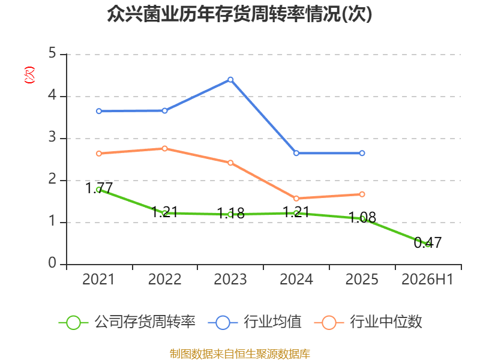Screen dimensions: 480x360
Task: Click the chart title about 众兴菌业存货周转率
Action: tap(239, 14)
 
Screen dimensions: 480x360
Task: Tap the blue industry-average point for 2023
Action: tap(230, 80)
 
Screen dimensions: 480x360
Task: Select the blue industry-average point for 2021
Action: tap(99, 111)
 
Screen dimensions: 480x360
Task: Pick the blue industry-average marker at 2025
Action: tap(362, 153)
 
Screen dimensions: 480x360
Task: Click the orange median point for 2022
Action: tap(164, 148)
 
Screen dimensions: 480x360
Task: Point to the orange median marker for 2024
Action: tap(296, 199)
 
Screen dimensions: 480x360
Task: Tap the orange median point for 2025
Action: tap(362, 194)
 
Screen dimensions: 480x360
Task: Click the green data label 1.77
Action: tap(99, 188)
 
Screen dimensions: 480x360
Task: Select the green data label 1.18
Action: tap(230, 213)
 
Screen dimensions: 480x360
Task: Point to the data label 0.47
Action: tap(428, 243)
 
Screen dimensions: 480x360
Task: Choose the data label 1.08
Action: tap(362, 217)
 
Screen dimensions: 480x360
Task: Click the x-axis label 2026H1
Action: tap(427, 280)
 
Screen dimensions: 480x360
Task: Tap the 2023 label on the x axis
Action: tap(230, 280)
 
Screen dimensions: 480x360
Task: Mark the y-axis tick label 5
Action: tap(52, 53)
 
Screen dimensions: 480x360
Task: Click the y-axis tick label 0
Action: tap(52, 263)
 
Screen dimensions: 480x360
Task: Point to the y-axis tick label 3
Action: tap(52, 137)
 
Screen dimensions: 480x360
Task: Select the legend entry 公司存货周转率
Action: tap(127, 322)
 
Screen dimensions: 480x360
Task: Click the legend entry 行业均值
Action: tap(254, 322)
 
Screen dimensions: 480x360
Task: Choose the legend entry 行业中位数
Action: tap(368, 322)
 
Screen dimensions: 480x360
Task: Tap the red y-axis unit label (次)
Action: tap(29, 75)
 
